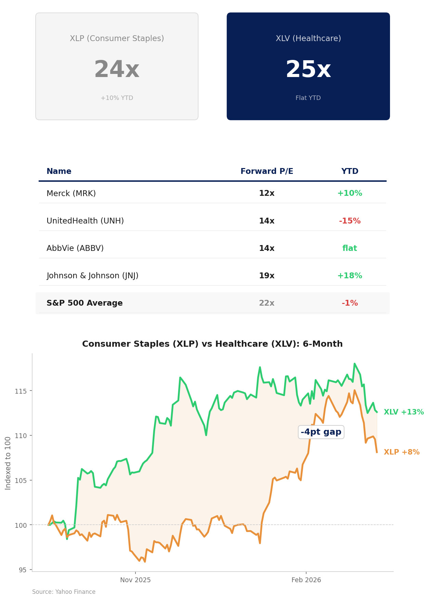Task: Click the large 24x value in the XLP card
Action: (x=117, y=70)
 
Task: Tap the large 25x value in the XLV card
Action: (x=308, y=70)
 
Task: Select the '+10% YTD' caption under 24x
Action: (x=117, y=98)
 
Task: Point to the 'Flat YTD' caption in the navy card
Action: (x=308, y=98)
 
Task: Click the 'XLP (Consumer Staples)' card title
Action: (x=117, y=38)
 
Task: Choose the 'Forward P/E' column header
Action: (x=266, y=171)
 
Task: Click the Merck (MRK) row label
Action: (x=71, y=193)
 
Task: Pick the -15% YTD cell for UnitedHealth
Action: (x=349, y=221)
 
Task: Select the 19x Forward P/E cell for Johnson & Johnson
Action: (x=266, y=276)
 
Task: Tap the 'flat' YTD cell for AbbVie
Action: (x=349, y=248)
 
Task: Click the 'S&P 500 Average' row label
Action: (x=84, y=303)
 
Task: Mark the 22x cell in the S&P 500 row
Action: (x=266, y=303)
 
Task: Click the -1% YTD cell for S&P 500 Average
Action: (x=349, y=303)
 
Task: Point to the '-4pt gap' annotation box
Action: (x=321, y=432)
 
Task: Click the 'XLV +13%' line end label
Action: (x=403, y=412)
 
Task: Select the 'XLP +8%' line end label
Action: (x=401, y=452)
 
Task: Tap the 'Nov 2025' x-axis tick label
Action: (x=135, y=580)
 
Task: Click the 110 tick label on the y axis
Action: (x=21, y=436)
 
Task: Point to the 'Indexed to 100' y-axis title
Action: (x=8, y=463)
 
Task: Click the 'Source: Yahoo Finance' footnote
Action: (x=64, y=592)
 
